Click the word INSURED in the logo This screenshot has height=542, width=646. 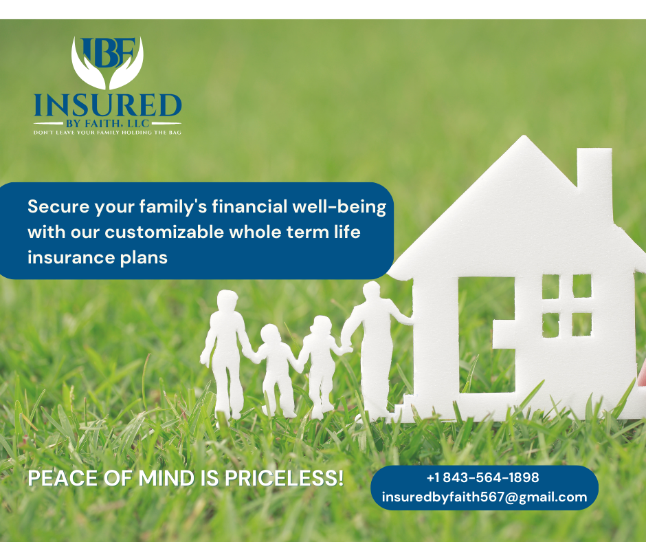tap(107, 105)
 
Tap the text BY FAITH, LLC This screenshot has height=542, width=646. tap(107, 123)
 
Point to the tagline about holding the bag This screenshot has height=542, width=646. tap(107, 133)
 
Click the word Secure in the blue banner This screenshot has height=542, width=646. tap(58, 206)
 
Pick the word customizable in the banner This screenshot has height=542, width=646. tap(164, 232)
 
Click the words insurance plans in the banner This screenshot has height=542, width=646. tap(98, 258)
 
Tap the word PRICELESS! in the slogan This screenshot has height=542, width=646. tap(284, 478)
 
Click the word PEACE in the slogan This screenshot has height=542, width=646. tap(63, 479)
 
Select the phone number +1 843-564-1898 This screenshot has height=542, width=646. tap(483, 477)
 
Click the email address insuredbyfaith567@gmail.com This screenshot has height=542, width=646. tap(485, 497)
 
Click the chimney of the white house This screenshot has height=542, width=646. tap(594, 171)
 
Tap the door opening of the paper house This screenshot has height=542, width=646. tap(485, 335)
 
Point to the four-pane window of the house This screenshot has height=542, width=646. tap(567, 305)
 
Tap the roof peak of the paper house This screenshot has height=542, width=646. tap(524, 136)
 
